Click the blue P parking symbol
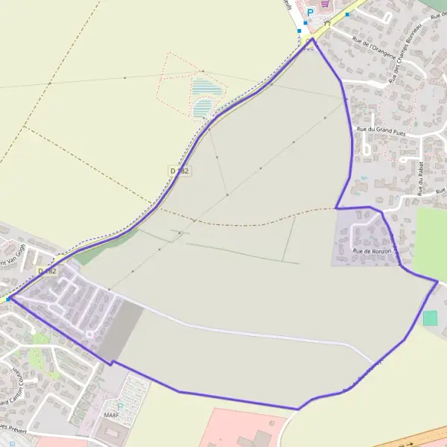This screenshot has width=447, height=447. [x=310, y=12]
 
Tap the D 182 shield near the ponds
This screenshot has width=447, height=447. [x=180, y=171]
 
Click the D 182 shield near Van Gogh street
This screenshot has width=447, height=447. [x=48, y=271]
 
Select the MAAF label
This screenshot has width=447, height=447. [x=112, y=415]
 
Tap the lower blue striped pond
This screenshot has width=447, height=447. [x=202, y=110]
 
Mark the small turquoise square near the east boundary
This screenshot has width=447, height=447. [x=431, y=318]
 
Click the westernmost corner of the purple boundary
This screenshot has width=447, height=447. [x=9, y=298]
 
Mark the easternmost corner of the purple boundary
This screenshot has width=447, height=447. [x=438, y=281]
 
